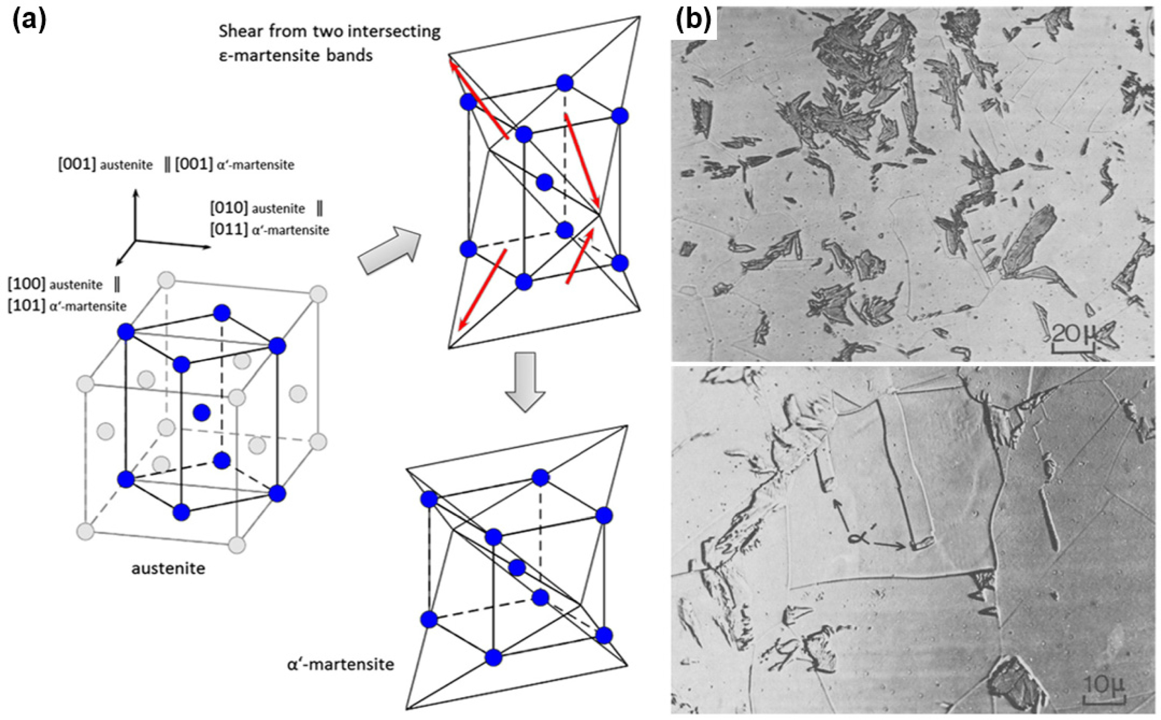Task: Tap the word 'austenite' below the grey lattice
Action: click(x=168, y=569)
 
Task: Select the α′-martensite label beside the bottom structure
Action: click(x=340, y=664)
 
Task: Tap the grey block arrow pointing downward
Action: click(x=524, y=381)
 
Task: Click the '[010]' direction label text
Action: click(x=229, y=208)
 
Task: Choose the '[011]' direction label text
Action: click(x=229, y=230)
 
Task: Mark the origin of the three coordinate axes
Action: click(x=135, y=240)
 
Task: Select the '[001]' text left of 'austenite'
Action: click(x=77, y=165)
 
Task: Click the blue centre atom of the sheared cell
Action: click(x=544, y=182)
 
